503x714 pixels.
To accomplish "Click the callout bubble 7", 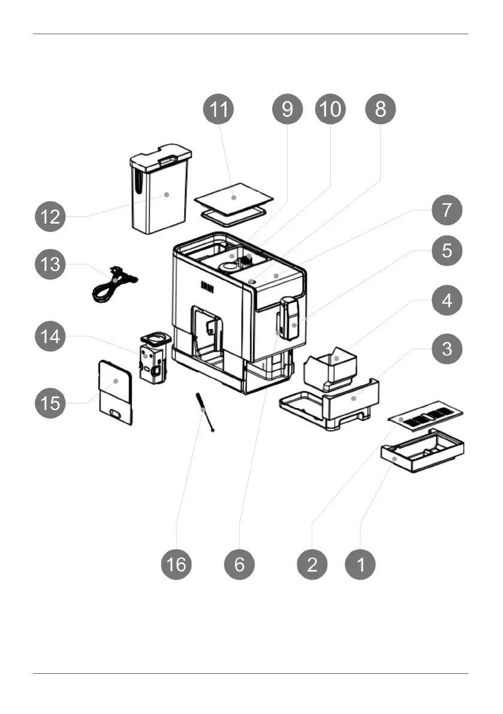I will click(x=447, y=212).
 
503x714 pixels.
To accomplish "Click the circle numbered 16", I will click(x=177, y=564).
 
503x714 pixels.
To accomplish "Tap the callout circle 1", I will click(x=360, y=564).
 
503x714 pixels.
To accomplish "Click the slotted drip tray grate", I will click(x=426, y=414).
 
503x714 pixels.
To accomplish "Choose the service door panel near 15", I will click(x=115, y=392).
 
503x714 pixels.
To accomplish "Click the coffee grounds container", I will click(x=331, y=367).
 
